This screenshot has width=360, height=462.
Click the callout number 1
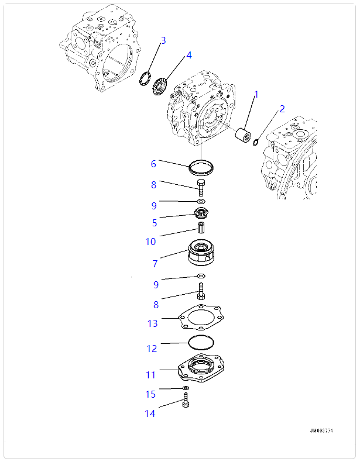256,94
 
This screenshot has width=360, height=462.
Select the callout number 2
282,108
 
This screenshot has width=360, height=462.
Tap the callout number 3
163,40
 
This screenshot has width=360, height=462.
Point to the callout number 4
188,55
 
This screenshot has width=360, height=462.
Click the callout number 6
153,164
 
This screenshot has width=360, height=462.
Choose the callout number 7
155,264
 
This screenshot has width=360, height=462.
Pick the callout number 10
151,242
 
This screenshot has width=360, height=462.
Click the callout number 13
152,323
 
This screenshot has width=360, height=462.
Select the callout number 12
152,349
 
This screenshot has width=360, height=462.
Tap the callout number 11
150,375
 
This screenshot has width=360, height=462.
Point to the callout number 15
150,395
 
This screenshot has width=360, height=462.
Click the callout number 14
150,413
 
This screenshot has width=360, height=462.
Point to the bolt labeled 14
186,401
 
